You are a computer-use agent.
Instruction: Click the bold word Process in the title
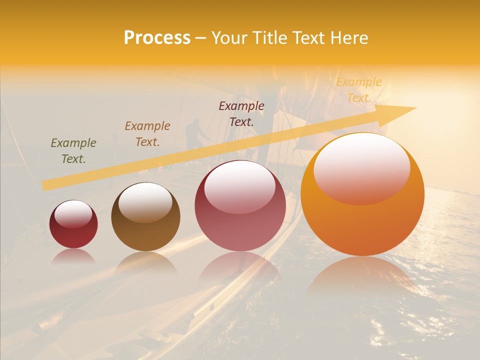click(157, 38)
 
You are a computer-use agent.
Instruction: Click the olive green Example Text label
click(73, 151)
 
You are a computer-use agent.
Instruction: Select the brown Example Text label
click(147, 134)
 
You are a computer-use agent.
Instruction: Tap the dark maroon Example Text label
click(241, 114)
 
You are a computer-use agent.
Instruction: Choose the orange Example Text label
click(359, 90)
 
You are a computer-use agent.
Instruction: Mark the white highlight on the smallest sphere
click(73, 214)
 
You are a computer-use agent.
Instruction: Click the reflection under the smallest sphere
click(74, 257)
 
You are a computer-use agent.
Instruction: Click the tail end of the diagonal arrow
click(46, 185)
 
